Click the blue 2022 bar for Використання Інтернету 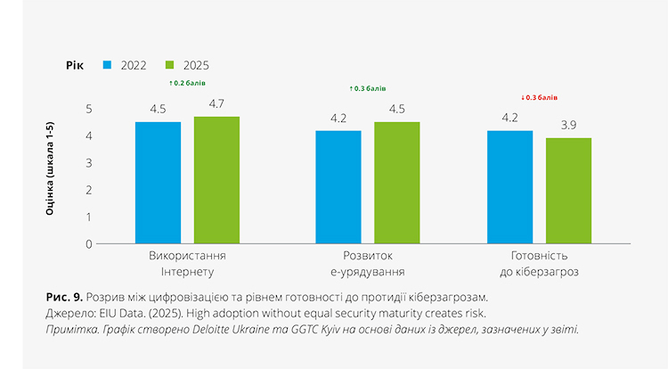pyautogui.click(x=158, y=183)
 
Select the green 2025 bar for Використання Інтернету pyautogui.click(x=216, y=180)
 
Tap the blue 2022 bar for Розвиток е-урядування pyautogui.click(x=338, y=187)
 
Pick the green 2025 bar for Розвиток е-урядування pyautogui.click(x=396, y=183)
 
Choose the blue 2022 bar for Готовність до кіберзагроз pyautogui.click(x=509, y=187)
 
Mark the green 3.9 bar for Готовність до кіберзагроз pyautogui.click(x=568, y=191)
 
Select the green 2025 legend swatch pyautogui.click(x=171, y=65)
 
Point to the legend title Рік pyautogui.click(x=75, y=65)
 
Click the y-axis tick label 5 pyautogui.click(x=89, y=109)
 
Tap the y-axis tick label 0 pyautogui.click(x=89, y=243)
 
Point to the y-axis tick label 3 pyautogui.click(x=89, y=163)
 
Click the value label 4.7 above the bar pyautogui.click(x=216, y=104)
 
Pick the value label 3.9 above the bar pyautogui.click(x=568, y=126)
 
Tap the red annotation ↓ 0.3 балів pyautogui.click(x=539, y=96)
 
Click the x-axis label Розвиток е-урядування pyautogui.click(x=367, y=264)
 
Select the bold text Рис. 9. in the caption pyautogui.click(x=64, y=296)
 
